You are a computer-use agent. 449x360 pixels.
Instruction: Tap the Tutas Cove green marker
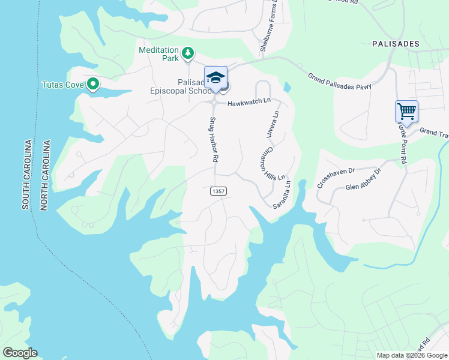[x=92, y=85]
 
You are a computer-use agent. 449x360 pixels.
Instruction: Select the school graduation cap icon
[x=215, y=77]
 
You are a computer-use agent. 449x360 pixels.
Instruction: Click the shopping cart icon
[x=406, y=112]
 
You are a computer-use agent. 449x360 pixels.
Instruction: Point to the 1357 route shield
[x=218, y=191]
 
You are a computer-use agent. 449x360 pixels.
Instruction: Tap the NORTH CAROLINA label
[x=44, y=175]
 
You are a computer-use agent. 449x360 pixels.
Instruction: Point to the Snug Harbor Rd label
[x=212, y=140]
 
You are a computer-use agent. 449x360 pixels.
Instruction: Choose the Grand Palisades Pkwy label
[x=340, y=82]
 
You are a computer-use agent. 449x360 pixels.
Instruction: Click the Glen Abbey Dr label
[x=364, y=179]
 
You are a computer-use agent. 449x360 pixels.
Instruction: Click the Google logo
[x=20, y=353]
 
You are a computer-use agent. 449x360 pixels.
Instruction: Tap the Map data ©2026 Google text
[x=412, y=355]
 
